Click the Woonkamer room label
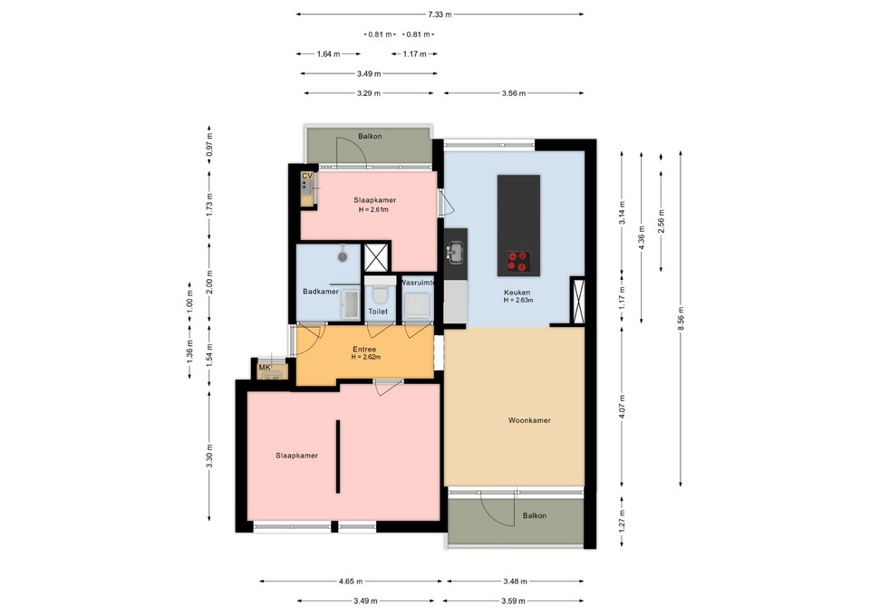[x=529, y=420]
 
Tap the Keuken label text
[x=517, y=293]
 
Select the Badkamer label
[x=320, y=292]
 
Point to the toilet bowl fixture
[x=380, y=293]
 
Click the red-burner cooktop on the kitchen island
[x=518, y=262]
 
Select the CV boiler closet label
[x=307, y=176]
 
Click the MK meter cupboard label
[x=265, y=367]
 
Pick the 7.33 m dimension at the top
[x=440, y=14]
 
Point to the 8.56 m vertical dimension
[x=681, y=318]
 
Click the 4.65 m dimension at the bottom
[x=351, y=581]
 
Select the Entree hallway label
[x=364, y=350]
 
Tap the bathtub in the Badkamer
[x=351, y=304]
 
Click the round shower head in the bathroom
[x=343, y=256]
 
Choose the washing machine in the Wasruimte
[x=416, y=304]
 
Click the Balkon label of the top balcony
[x=370, y=136]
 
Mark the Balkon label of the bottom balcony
[x=535, y=515]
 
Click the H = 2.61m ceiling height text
[x=373, y=209]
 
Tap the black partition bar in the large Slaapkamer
[x=338, y=456]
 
